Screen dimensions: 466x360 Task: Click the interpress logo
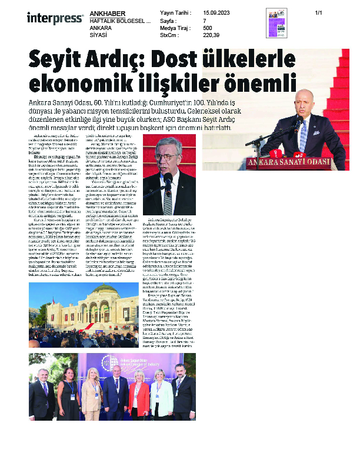pos(55,18)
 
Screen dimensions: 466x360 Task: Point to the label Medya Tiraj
pos(175,28)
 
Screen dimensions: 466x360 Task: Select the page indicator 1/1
pos(319,13)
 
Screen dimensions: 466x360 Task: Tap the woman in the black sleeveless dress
pos(67,395)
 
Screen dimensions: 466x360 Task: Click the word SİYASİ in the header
pos(98,35)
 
